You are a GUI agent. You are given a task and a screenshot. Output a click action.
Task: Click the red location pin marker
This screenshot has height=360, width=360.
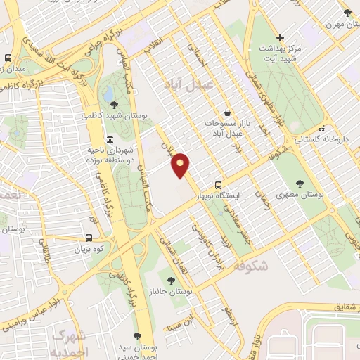181,165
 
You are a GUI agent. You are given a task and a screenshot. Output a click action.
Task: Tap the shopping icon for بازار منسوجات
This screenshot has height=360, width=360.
227,112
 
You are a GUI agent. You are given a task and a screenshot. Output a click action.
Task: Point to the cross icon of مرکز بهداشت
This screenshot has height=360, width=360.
280,37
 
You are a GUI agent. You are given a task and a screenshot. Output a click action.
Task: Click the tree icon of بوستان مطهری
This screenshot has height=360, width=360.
300,184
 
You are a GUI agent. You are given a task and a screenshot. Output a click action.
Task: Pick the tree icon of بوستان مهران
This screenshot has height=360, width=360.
347,13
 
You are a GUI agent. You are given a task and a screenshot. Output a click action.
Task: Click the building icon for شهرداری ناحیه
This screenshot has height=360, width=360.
110,139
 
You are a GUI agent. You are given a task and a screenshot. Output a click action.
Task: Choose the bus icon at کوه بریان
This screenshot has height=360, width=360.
90,238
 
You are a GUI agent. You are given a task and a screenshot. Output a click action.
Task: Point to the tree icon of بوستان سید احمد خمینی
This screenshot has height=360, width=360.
137,337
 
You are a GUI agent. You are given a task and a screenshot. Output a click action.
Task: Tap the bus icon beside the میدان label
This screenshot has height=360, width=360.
8,58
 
